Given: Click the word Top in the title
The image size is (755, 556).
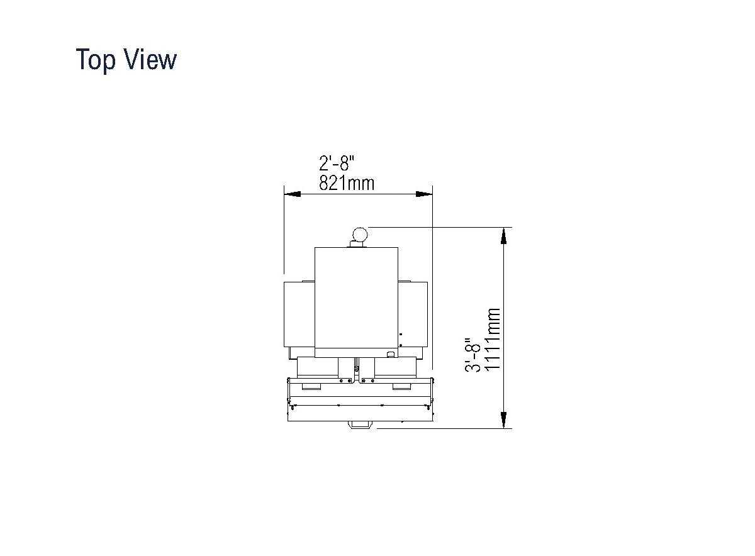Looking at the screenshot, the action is [x=96, y=60].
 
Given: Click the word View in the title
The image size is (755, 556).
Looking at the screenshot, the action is [x=150, y=59].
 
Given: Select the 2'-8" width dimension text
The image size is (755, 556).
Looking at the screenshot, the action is [x=337, y=163].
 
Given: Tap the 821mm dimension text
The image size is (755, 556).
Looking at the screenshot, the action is [x=347, y=183].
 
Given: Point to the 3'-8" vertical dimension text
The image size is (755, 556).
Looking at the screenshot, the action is [x=473, y=355].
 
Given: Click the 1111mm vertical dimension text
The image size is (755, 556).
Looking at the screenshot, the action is [x=492, y=338].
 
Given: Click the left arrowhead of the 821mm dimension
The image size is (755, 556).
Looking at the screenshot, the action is [x=292, y=194].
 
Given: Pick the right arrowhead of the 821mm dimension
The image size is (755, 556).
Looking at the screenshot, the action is [x=424, y=194].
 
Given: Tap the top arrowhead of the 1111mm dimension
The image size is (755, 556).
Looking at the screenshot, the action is [x=503, y=235].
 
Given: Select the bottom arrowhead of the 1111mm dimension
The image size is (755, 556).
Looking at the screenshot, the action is [x=503, y=420].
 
